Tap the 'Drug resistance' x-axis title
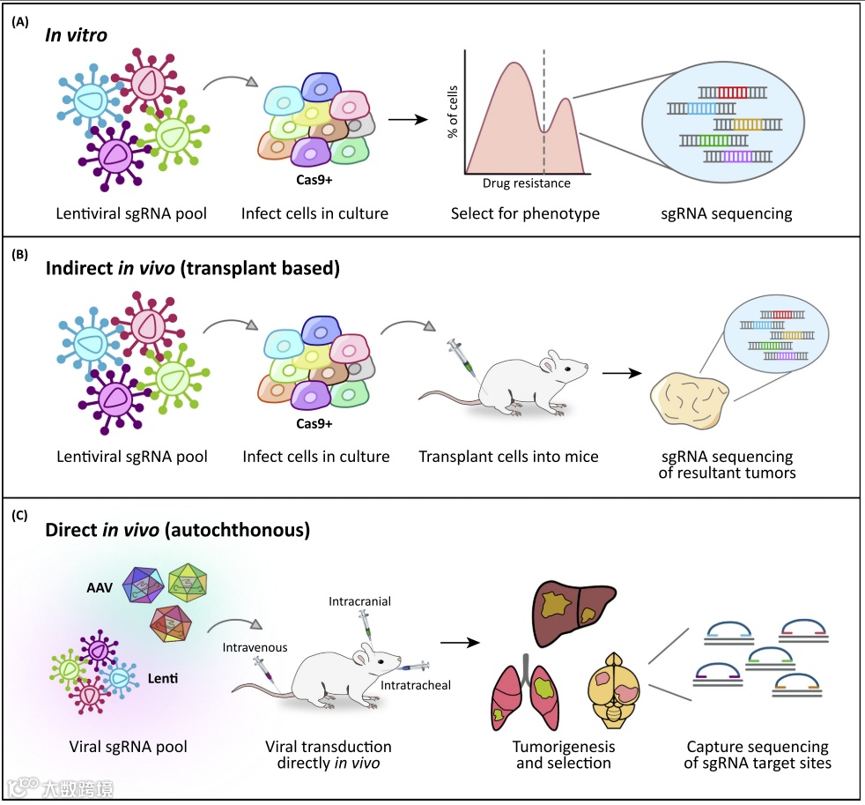pos(526,183)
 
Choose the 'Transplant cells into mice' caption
pos(508,457)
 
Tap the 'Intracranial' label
pos(359,601)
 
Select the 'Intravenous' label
pos(255,647)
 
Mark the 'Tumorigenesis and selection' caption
pos(563,755)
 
